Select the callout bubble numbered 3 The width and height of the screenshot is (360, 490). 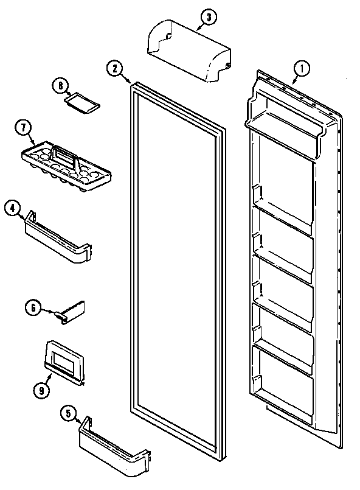[207, 18]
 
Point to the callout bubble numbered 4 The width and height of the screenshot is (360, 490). [13, 208]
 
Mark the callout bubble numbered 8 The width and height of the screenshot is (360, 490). [59, 86]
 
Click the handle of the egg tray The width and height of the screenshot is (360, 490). [65, 155]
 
